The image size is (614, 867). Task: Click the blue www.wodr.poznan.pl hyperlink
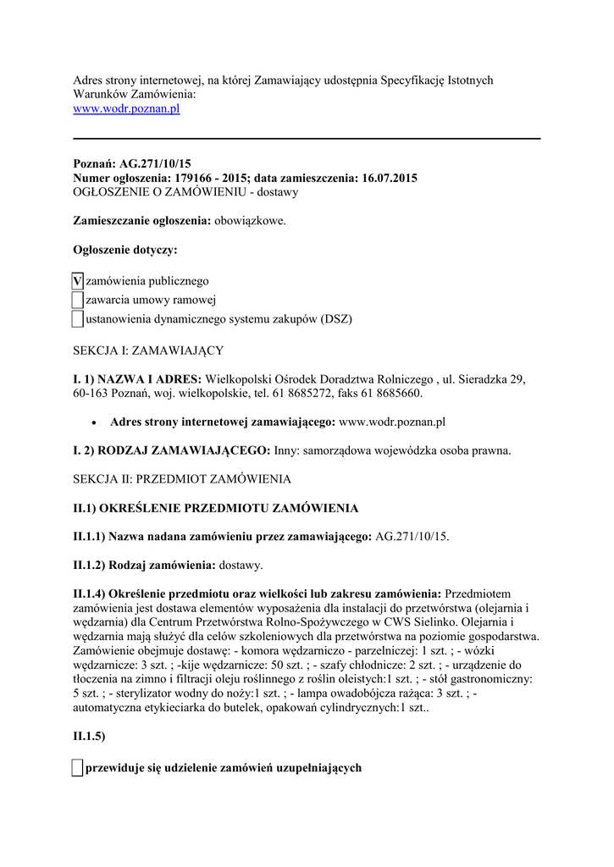(x=126, y=109)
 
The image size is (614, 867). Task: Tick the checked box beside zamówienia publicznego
(x=77, y=281)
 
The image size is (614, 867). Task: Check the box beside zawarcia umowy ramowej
(x=77, y=300)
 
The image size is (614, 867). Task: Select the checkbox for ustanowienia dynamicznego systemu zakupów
(x=77, y=318)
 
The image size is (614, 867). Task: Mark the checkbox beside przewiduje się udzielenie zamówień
(x=77, y=768)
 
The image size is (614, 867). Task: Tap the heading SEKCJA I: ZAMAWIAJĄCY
(x=148, y=350)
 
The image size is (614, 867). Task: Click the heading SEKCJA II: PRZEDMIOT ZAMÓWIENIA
(x=181, y=478)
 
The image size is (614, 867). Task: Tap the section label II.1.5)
(x=89, y=737)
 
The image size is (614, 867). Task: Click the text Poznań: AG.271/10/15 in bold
(x=132, y=163)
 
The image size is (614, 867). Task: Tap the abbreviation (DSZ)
(x=335, y=319)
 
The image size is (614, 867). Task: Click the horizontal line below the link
(x=307, y=138)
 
